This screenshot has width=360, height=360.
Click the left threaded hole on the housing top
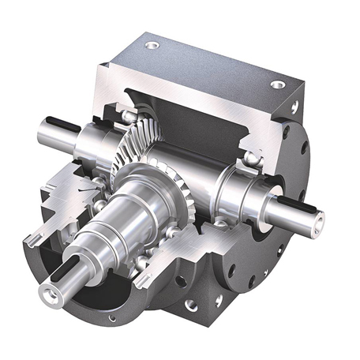click(x=152, y=45)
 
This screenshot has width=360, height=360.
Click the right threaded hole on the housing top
click(x=277, y=84)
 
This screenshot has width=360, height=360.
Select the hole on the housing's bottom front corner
click(x=190, y=303)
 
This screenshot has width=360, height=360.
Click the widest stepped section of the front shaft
click(x=126, y=213)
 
